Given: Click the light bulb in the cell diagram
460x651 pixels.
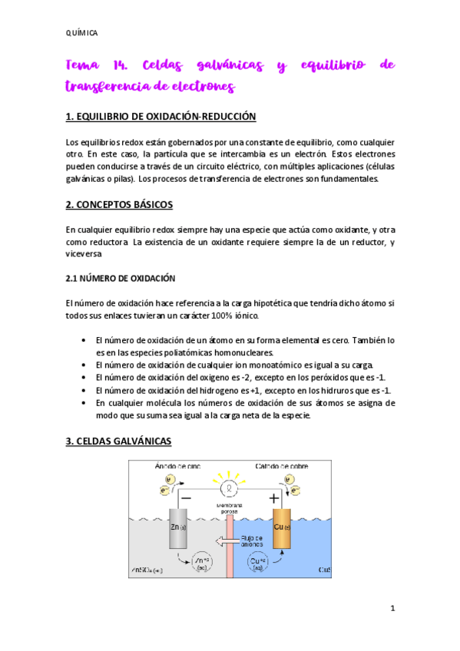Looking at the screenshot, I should [227, 487].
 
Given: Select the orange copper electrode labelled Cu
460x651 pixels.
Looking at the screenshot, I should [283, 528].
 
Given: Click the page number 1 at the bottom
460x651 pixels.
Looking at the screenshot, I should [392, 609].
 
